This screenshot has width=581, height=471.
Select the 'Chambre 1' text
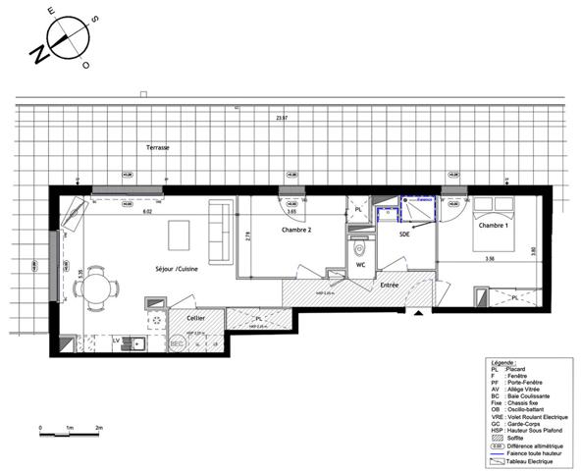click(x=493, y=226)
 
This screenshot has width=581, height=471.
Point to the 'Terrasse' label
click(x=158, y=147)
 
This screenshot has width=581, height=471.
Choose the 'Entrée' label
click(x=390, y=287)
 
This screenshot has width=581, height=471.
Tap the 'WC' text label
click(x=360, y=264)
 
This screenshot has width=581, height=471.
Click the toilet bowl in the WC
click(x=360, y=245)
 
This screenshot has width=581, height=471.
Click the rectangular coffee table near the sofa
click(x=180, y=235)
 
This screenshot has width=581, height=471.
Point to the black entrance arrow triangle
click(x=420, y=313)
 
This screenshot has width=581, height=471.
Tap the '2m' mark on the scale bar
click(x=100, y=429)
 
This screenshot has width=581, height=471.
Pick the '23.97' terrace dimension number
click(x=283, y=118)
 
